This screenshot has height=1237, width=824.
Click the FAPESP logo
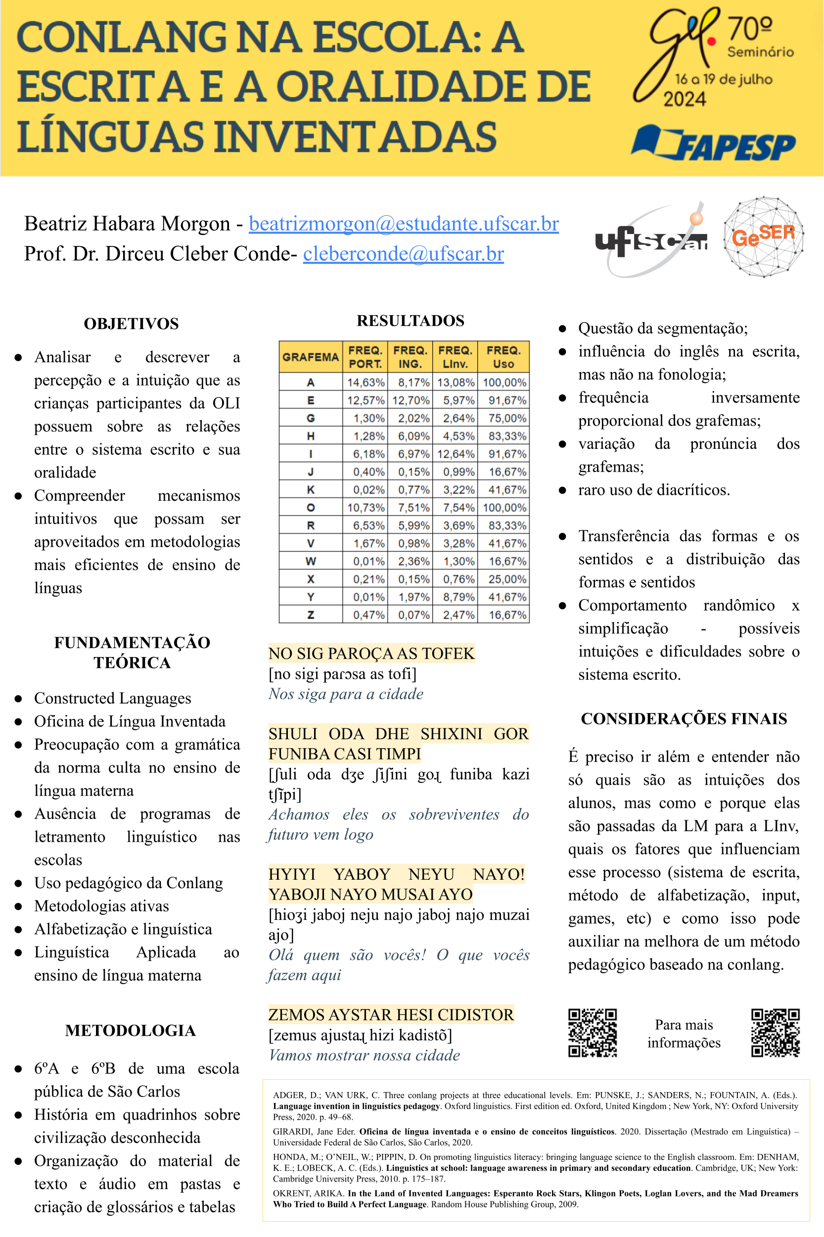[714, 143]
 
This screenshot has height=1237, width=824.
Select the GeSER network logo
[763, 237]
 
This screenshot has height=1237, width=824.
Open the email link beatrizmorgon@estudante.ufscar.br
[403, 224]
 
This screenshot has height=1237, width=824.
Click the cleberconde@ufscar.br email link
[403, 253]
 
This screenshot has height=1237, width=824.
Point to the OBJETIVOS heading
[132, 323]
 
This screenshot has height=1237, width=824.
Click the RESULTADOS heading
[411, 321]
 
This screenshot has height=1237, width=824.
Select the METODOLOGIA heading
[131, 1030]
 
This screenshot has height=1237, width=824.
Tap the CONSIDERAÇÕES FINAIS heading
[684, 718]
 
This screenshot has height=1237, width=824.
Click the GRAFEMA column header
[311, 357]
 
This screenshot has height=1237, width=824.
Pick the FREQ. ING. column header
[410, 357]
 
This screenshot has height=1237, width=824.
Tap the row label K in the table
[311, 489]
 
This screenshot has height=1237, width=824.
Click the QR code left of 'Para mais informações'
[592, 1033]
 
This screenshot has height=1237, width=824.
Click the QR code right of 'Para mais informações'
[775, 1033]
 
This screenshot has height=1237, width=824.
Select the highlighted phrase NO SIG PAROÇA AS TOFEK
[371, 653]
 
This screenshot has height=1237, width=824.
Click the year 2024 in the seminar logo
[684, 99]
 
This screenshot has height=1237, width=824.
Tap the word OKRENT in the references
[289, 1193]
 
